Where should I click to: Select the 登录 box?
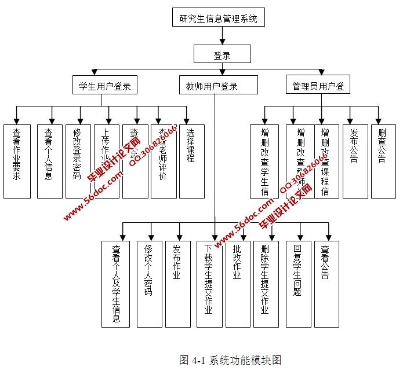(x=222, y=55)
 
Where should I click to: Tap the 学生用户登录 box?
(x=105, y=86)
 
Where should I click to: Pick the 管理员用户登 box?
(x=318, y=86)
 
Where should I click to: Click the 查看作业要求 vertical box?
(x=17, y=161)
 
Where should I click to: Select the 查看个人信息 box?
(x=49, y=161)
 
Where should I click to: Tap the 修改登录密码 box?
(x=78, y=161)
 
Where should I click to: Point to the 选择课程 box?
(x=191, y=161)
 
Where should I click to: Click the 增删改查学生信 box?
(x=264, y=161)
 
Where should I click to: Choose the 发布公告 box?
(x=355, y=161)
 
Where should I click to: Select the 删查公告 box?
(x=383, y=161)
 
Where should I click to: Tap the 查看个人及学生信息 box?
(x=116, y=284)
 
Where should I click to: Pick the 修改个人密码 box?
(x=148, y=284)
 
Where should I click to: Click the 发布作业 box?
(x=177, y=284)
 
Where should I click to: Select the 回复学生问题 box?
(x=298, y=284)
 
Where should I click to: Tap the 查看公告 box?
(x=326, y=284)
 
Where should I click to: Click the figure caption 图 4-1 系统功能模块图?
(x=230, y=361)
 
